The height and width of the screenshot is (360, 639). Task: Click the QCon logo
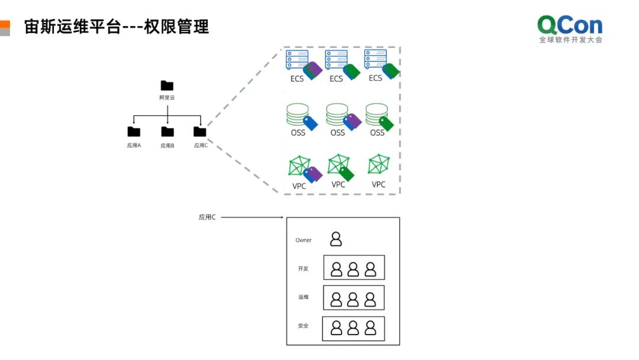pyautogui.click(x=570, y=29)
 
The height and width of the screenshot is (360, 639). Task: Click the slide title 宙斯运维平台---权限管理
pyautogui.click(x=117, y=27)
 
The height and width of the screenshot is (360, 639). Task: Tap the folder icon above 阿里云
pyautogui.click(x=167, y=86)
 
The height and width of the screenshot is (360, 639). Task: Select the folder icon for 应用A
pyautogui.click(x=134, y=131)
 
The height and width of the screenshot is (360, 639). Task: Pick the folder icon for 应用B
pyautogui.click(x=167, y=131)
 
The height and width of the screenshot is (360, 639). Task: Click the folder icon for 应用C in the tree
pyautogui.click(x=200, y=131)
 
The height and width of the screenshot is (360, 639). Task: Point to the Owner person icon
pyautogui.click(x=336, y=239)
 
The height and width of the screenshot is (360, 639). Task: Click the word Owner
pyautogui.click(x=304, y=240)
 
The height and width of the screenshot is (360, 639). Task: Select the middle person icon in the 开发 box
pyautogui.click(x=353, y=269)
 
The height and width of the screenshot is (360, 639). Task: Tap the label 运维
pyautogui.click(x=304, y=297)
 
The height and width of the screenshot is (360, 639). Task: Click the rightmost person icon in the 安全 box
pyautogui.click(x=370, y=328)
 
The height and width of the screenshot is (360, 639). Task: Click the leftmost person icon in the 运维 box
pyautogui.click(x=337, y=300)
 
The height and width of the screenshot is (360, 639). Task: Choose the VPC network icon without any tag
pyautogui.click(x=377, y=164)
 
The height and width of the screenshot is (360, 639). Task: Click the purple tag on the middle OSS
pyautogui.click(x=354, y=121)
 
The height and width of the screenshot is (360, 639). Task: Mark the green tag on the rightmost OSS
pyautogui.click(x=386, y=123)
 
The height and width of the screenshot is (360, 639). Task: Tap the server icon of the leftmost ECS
pyautogui.click(x=296, y=60)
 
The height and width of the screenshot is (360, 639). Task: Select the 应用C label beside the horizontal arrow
pyautogui.click(x=207, y=217)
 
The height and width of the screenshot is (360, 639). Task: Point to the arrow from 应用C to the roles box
pyautogui.click(x=251, y=217)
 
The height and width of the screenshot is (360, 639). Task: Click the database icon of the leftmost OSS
pyautogui.click(x=297, y=114)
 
